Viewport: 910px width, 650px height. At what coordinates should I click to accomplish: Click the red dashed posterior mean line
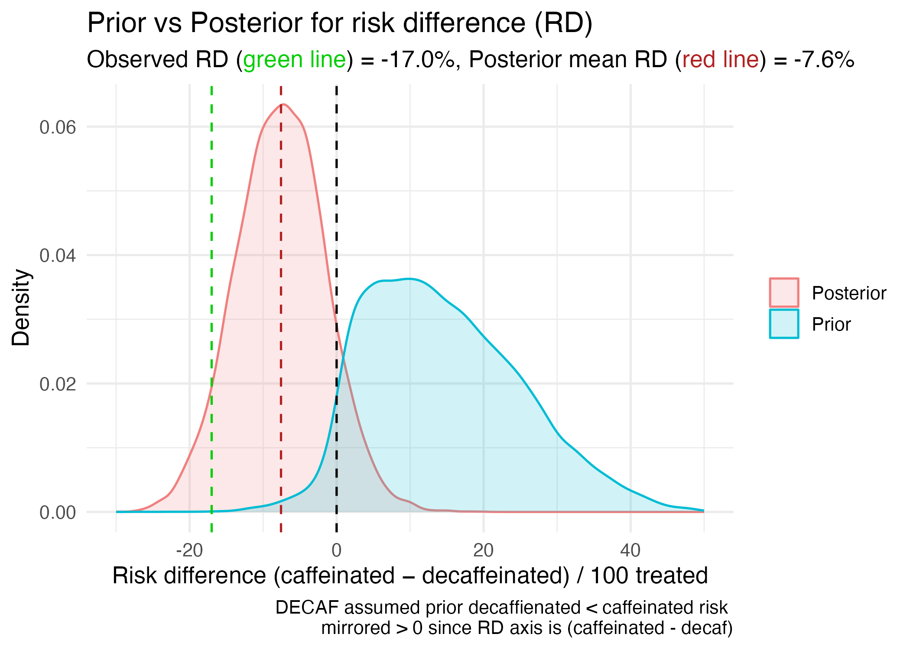coord(281,303)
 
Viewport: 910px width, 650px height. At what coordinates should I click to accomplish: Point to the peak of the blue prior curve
coord(409,279)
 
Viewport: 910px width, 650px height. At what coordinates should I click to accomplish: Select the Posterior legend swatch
coord(784,293)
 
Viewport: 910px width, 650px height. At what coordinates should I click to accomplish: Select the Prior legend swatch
coord(784,324)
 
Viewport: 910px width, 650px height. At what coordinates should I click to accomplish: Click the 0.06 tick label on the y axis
coord(58,127)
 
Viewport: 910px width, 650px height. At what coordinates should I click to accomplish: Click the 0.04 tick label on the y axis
coord(58,256)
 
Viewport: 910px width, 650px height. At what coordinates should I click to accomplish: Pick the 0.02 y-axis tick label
coord(58,384)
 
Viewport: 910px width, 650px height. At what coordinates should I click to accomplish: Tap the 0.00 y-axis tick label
coord(58,513)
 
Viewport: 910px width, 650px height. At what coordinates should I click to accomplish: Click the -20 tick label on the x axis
coord(189,551)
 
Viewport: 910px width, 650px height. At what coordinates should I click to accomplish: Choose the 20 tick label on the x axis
coord(483,551)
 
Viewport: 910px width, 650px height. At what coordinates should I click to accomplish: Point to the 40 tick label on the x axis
coord(630,551)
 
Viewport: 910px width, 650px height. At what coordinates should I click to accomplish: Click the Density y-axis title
coord(21,308)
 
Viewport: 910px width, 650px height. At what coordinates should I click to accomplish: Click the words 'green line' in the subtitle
coord(295,60)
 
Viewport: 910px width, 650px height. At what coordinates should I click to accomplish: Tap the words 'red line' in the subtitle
coord(721,60)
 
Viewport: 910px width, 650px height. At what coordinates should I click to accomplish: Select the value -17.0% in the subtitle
coord(418,60)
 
